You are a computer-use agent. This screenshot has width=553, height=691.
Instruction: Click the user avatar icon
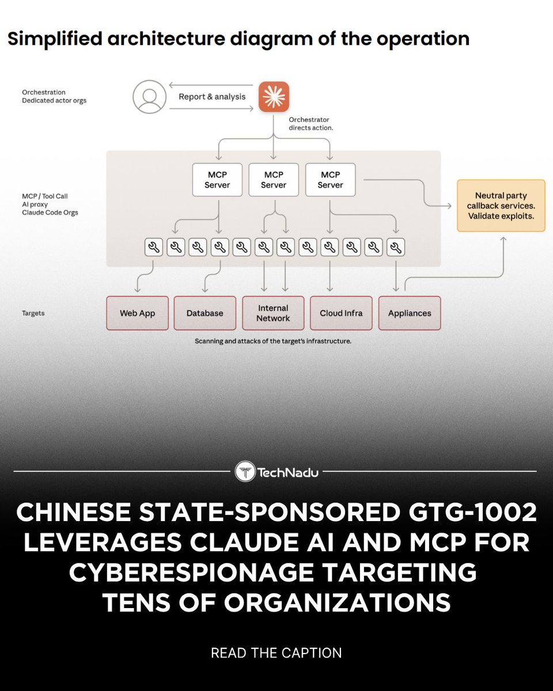click(x=150, y=97)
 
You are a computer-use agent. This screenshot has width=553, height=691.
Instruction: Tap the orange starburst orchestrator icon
click(x=274, y=97)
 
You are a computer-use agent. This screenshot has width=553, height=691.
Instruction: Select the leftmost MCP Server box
click(x=217, y=180)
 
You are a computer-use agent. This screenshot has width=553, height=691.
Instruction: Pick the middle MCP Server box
click(x=274, y=180)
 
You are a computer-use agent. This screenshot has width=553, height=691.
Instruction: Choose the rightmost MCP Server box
click(x=330, y=180)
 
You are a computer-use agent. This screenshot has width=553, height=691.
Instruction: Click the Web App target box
click(x=138, y=313)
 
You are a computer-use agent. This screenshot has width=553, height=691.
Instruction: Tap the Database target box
click(x=204, y=313)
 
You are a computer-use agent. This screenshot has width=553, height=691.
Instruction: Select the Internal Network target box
click(x=273, y=313)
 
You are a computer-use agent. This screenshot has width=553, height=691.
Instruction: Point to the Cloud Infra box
click(x=341, y=313)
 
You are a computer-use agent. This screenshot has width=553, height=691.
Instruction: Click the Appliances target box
click(x=410, y=313)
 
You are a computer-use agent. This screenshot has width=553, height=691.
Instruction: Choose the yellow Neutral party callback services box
click(x=501, y=206)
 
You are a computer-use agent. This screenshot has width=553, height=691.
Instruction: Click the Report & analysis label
click(x=212, y=97)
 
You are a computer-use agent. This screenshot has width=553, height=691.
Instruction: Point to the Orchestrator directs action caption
click(x=310, y=124)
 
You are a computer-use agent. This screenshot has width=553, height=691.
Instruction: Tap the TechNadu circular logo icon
click(x=245, y=472)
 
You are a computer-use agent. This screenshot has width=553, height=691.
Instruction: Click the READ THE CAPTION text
click(x=276, y=653)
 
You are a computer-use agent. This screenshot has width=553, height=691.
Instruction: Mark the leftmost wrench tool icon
click(x=154, y=248)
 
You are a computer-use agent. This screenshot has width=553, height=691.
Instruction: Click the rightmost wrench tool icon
click(x=395, y=248)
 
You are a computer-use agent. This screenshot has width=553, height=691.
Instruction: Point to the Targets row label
click(x=33, y=313)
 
